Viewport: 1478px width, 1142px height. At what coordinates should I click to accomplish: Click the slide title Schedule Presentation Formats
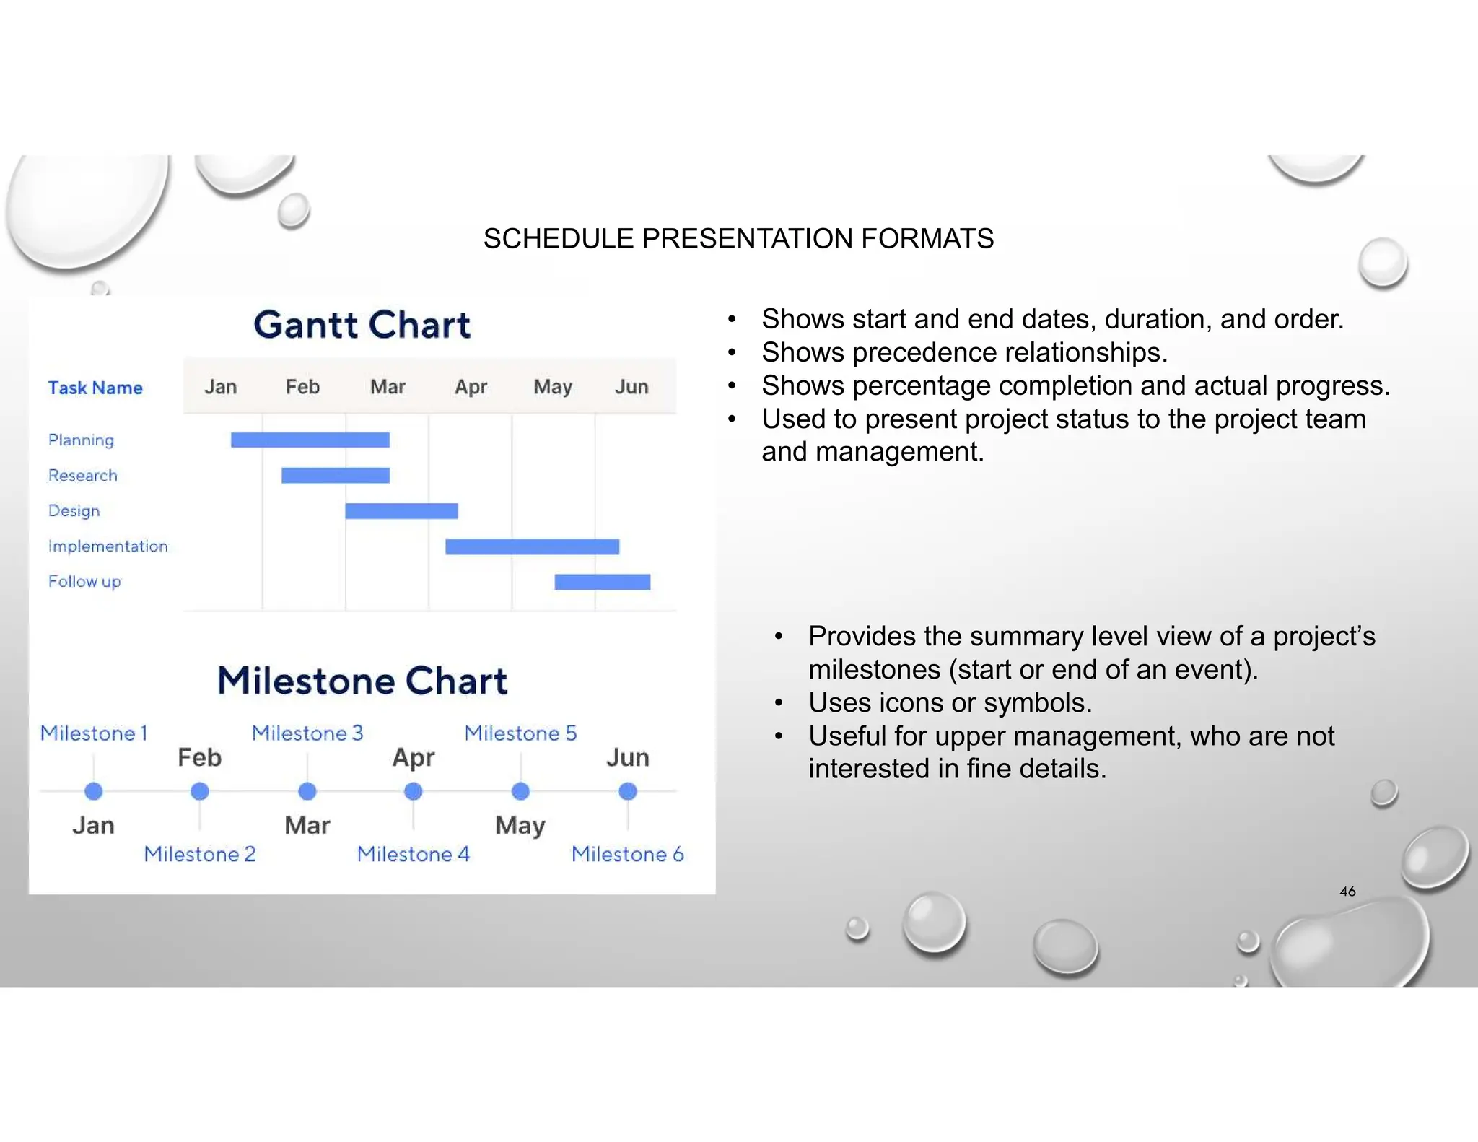click(738, 239)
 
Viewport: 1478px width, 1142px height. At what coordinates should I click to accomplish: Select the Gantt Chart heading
click(362, 325)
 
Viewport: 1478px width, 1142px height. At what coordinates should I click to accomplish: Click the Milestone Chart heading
click(362, 681)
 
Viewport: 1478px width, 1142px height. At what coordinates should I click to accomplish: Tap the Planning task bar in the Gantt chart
click(310, 440)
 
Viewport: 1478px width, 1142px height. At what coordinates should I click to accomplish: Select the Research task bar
click(336, 475)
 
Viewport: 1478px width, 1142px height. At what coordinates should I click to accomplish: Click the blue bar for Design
click(401, 511)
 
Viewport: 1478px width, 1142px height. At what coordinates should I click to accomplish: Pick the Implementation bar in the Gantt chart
click(532, 546)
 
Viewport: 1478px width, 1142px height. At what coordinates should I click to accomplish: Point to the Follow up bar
click(602, 582)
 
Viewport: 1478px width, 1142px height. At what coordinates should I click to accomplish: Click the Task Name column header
click(95, 388)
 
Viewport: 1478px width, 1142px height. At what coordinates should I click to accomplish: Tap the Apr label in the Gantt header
click(471, 387)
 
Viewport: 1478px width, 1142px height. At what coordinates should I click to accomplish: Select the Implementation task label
click(108, 546)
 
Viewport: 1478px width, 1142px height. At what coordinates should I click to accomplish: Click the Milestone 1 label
click(94, 733)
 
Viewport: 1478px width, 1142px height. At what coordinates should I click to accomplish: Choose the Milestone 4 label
click(413, 855)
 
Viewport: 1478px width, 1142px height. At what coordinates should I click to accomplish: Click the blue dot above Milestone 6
click(628, 792)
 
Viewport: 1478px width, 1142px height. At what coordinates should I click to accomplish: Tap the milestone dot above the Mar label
click(307, 792)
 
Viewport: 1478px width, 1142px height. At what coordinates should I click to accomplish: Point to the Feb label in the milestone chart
click(199, 758)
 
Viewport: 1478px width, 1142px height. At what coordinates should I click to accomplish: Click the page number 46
click(1347, 892)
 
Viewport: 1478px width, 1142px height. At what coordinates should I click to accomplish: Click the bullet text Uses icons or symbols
click(950, 703)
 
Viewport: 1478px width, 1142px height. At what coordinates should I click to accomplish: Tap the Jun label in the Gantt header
click(631, 387)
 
